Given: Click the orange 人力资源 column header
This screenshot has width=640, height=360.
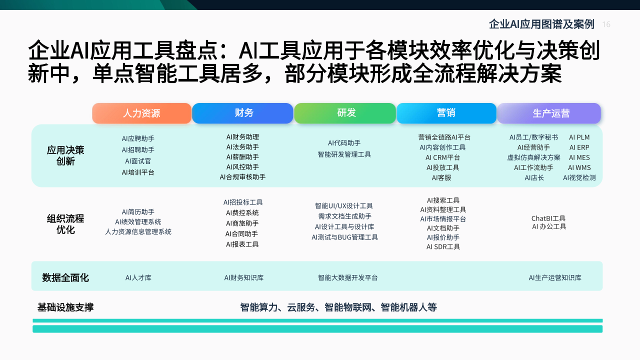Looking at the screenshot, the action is pos(141,113).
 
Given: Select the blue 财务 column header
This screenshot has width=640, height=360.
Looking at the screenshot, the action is pos(242,113).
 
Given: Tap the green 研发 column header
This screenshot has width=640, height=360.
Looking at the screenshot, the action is pos(345,113).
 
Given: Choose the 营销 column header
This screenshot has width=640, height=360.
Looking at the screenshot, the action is pos(446,113).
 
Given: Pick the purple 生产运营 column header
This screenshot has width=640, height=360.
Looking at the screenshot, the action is pos(549,113).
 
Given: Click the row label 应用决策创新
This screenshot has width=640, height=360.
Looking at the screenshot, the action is pos(65,155).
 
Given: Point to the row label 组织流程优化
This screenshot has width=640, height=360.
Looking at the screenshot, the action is pos(65,224).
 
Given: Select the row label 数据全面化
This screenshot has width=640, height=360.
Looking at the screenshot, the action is pos(65,277).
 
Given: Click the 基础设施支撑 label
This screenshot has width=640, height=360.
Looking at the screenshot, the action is pos(65,307).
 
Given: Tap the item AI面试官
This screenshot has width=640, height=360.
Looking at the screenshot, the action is pos(138,161).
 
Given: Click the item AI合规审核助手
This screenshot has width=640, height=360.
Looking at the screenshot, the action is pos(242,177).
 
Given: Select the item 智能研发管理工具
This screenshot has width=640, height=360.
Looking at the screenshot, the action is pos(344,154).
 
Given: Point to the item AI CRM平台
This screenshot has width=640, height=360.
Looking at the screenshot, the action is pos(442,157).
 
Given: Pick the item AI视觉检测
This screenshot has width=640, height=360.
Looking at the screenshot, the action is pos(579,177).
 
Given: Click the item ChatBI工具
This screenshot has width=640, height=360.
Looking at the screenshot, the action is pos(548,218).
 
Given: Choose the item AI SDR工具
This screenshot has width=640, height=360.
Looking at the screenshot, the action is pos(443,247).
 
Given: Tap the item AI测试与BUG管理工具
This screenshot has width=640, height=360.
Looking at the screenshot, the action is pos(344,237).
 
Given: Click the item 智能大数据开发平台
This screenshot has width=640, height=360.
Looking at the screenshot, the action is pos(347,277).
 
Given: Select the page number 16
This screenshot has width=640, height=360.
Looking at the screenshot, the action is pos(606,24).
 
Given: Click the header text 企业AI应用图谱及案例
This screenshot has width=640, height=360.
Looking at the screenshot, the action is pos(541,24).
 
